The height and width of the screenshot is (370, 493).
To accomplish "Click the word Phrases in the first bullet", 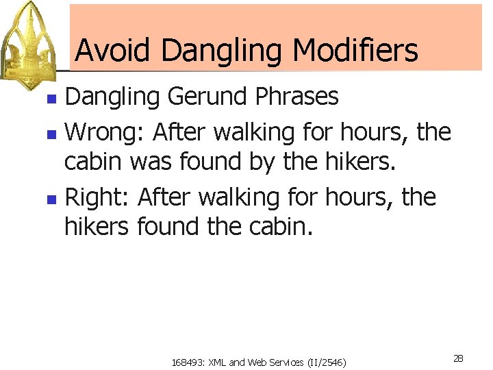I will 296,97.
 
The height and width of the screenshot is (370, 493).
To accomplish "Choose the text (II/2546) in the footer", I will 325,362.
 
